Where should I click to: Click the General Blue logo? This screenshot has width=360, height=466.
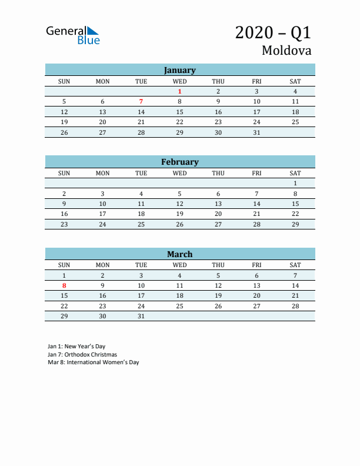coord(73,35)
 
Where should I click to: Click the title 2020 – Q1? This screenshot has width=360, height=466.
coord(273,32)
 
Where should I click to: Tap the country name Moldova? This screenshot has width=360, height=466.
coord(286,51)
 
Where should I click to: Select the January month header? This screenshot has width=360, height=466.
coord(179,70)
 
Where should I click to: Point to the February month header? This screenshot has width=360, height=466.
coord(179,162)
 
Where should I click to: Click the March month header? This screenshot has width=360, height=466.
coord(179,254)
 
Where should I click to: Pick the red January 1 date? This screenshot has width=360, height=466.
coord(179,91)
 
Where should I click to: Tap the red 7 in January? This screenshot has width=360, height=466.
coord(141,101)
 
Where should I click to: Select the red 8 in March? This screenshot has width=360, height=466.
coord(64,285)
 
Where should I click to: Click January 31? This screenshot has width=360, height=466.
coord(256,132)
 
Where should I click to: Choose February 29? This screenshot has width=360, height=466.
coord(295,224)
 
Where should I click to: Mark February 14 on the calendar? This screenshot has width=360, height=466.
coord(256,204)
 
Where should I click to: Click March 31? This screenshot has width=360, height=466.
coord(141,316)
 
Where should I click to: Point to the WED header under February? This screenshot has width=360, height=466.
coord(179,173)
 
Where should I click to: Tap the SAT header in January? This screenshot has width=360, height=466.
coord(295,81)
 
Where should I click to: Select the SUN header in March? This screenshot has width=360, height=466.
coord(64,265)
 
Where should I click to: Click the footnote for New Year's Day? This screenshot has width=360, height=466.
coord(76,347)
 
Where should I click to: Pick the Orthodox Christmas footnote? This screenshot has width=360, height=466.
coord(82,355)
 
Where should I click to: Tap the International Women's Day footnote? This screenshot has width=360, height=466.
coord(94,362)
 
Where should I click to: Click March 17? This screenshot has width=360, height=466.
coord(141,295)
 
